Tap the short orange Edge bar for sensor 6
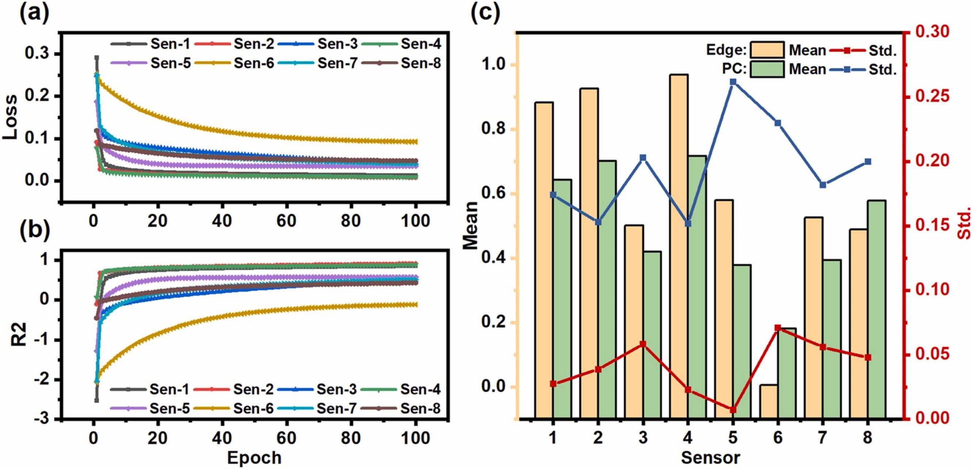click(x=768, y=401)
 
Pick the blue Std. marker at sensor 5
click(x=733, y=82)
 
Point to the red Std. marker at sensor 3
click(x=643, y=344)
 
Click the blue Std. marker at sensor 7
click(x=823, y=185)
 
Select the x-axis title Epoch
click(x=254, y=458)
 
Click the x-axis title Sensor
click(x=710, y=458)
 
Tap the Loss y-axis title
click(x=10, y=117)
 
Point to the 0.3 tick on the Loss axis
click(x=37, y=54)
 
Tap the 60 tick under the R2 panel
click(x=286, y=438)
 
